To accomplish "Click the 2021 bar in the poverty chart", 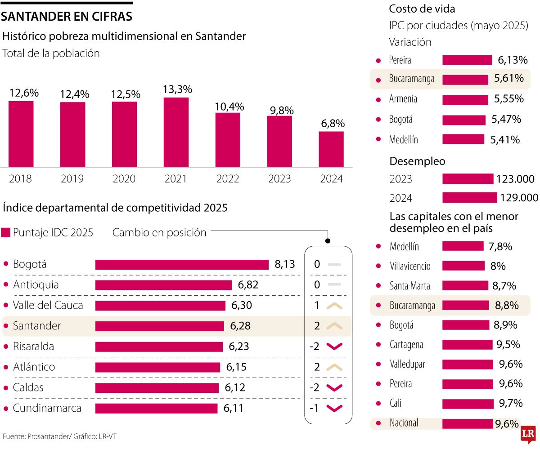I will coord(176,132).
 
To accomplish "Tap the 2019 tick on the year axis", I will coord(72,179).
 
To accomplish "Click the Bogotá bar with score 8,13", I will coord(182,264).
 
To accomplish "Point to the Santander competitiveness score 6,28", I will coord(240,326).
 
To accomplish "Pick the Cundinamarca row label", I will coord(47,408).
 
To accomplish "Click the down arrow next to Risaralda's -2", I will coord(334,347).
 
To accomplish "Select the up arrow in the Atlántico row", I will coord(334,367).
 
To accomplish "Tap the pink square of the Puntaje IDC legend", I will coord(6,233).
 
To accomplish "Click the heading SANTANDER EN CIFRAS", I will coord(67,17).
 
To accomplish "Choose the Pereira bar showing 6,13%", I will coord(467,60).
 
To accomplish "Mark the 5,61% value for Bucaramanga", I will coord(509,79).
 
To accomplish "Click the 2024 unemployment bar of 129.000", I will coord(470,198).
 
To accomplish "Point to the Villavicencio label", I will coord(410,266).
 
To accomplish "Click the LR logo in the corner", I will coord(527,435).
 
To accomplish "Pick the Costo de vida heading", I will coord(422,9).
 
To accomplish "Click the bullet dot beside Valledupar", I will coord(378,364).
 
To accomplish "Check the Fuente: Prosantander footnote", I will coord(63,436).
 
